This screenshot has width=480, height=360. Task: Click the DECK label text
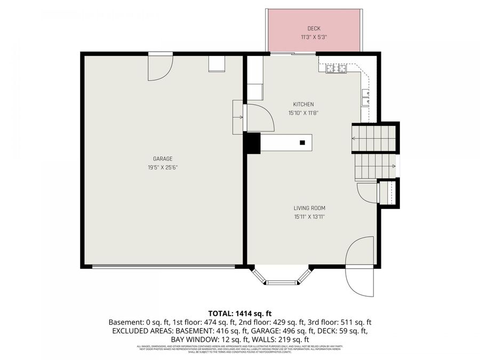point(314,28)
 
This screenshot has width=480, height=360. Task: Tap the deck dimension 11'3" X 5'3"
point(314,37)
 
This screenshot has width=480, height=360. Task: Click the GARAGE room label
point(162,158)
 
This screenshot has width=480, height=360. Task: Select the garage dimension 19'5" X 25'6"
point(162,167)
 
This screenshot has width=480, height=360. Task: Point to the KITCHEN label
point(303,104)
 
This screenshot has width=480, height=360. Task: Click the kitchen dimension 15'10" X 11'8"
point(303,113)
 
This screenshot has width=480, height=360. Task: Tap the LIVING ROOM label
point(309,208)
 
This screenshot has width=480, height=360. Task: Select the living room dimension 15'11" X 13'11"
point(309,217)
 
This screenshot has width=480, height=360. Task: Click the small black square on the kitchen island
point(302,142)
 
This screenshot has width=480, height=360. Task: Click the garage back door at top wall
point(161,64)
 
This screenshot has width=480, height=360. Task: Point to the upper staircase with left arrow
point(374,138)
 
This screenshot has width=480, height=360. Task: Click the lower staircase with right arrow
point(375,166)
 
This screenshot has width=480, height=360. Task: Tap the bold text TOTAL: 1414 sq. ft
point(239,313)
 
